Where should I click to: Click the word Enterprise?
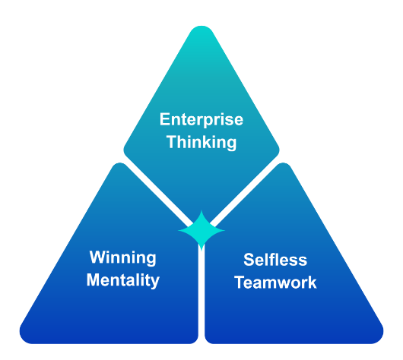pyautogui.click(x=201, y=120)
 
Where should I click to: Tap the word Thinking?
pyautogui.click(x=201, y=142)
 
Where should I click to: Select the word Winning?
pyautogui.click(x=123, y=257)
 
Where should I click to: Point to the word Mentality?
pyautogui.click(x=123, y=280)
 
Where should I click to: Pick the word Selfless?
pyautogui.click(x=275, y=260)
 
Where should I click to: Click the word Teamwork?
pyautogui.click(x=275, y=283)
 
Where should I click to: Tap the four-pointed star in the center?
pyautogui.click(x=201, y=230)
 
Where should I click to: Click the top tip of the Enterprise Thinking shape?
pyautogui.click(x=201, y=26)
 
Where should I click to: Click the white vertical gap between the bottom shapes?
pyautogui.click(x=201, y=295)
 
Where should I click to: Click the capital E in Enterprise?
pyautogui.click(x=164, y=119)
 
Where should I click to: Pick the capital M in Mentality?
pyautogui.click(x=93, y=279)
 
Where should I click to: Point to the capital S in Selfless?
pyautogui.click(x=249, y=260)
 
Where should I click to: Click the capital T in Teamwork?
pyautogui.click(x=240, y=282)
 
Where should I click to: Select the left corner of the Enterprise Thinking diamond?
pyautogui.click(x=124, y=150)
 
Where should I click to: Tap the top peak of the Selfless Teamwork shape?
pyautogui.click(x=283, y=163)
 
